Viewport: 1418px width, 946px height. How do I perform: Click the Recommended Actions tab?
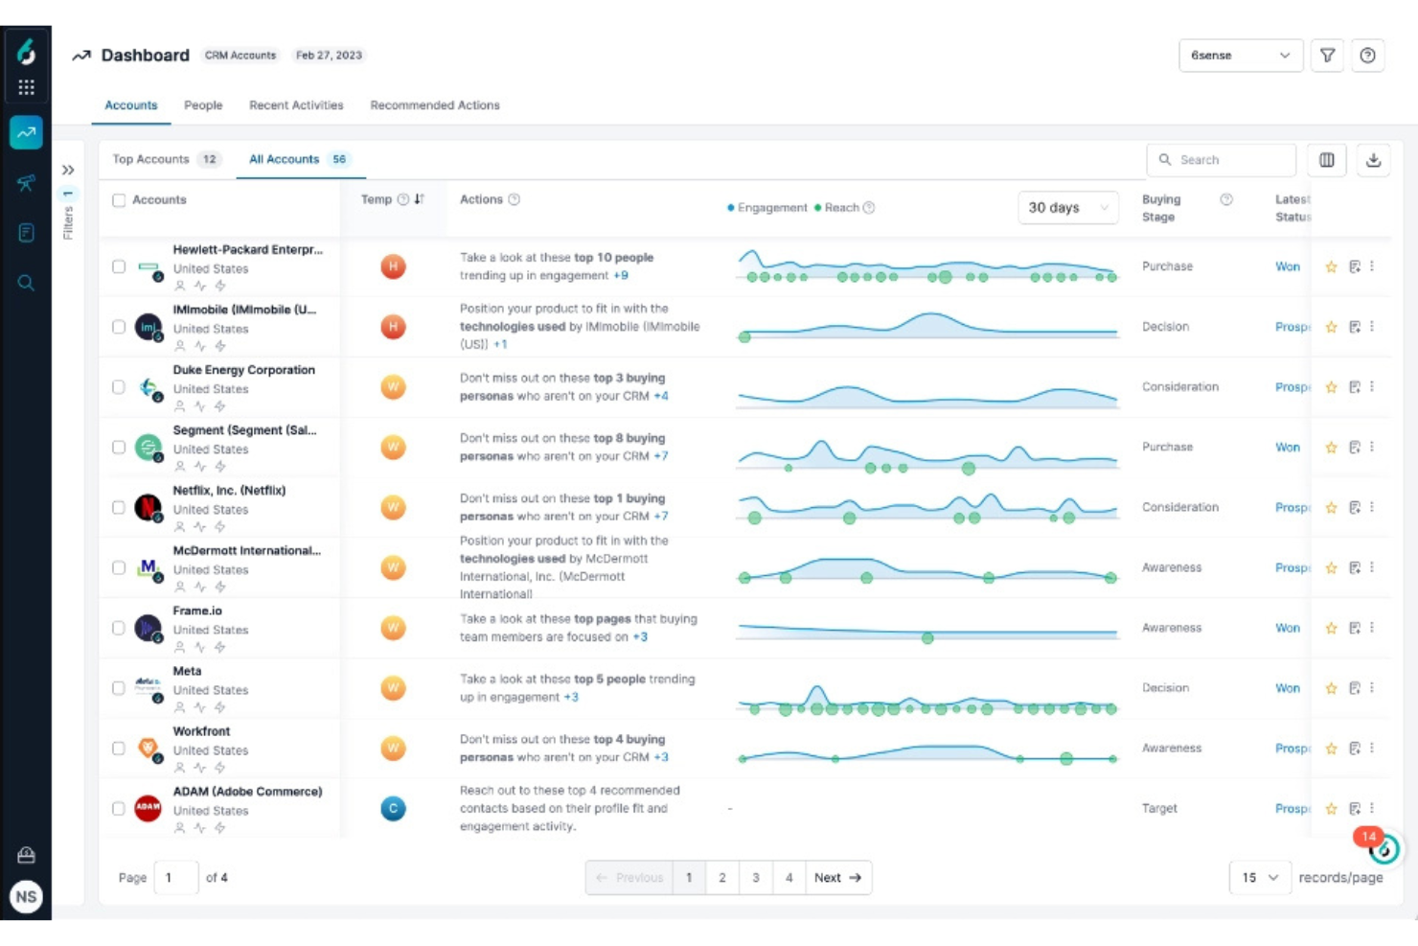[x=434, y=105]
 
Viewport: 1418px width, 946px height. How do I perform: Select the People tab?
[x=203, y=105]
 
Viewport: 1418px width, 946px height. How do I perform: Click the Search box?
[x=1222, y=160]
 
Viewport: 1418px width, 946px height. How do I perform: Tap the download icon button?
[x=1373, y=160]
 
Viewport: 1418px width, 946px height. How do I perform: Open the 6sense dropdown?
[x=1240, y=56]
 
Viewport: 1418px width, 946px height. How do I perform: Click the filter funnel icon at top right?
[x=1327, y=56]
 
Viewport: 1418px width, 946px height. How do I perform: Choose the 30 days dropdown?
[x=1067, y=208]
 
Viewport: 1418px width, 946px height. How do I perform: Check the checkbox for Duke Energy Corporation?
[x=119, y=387]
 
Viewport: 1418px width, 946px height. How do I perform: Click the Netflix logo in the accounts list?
[x=148, y=507]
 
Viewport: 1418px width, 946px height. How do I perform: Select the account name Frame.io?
[x=197, y=611]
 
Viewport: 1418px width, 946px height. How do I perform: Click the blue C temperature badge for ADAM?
[x=393, y=809]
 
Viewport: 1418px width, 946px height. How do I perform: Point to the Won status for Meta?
[x=1287, y=688]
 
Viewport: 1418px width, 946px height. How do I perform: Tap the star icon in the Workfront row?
[x=1331, y=749]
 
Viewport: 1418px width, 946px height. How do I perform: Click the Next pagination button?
[x=837, y=878]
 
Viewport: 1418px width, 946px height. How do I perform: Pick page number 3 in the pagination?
[x=756, y=878]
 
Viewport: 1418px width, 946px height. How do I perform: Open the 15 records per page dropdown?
[x=1260, y=878]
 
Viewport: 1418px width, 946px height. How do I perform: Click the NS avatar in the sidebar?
[x=26, y=897]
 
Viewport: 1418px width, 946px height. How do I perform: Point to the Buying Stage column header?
[x=1161, y=208]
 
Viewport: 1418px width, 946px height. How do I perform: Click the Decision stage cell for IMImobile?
[x=1165, y=327]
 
